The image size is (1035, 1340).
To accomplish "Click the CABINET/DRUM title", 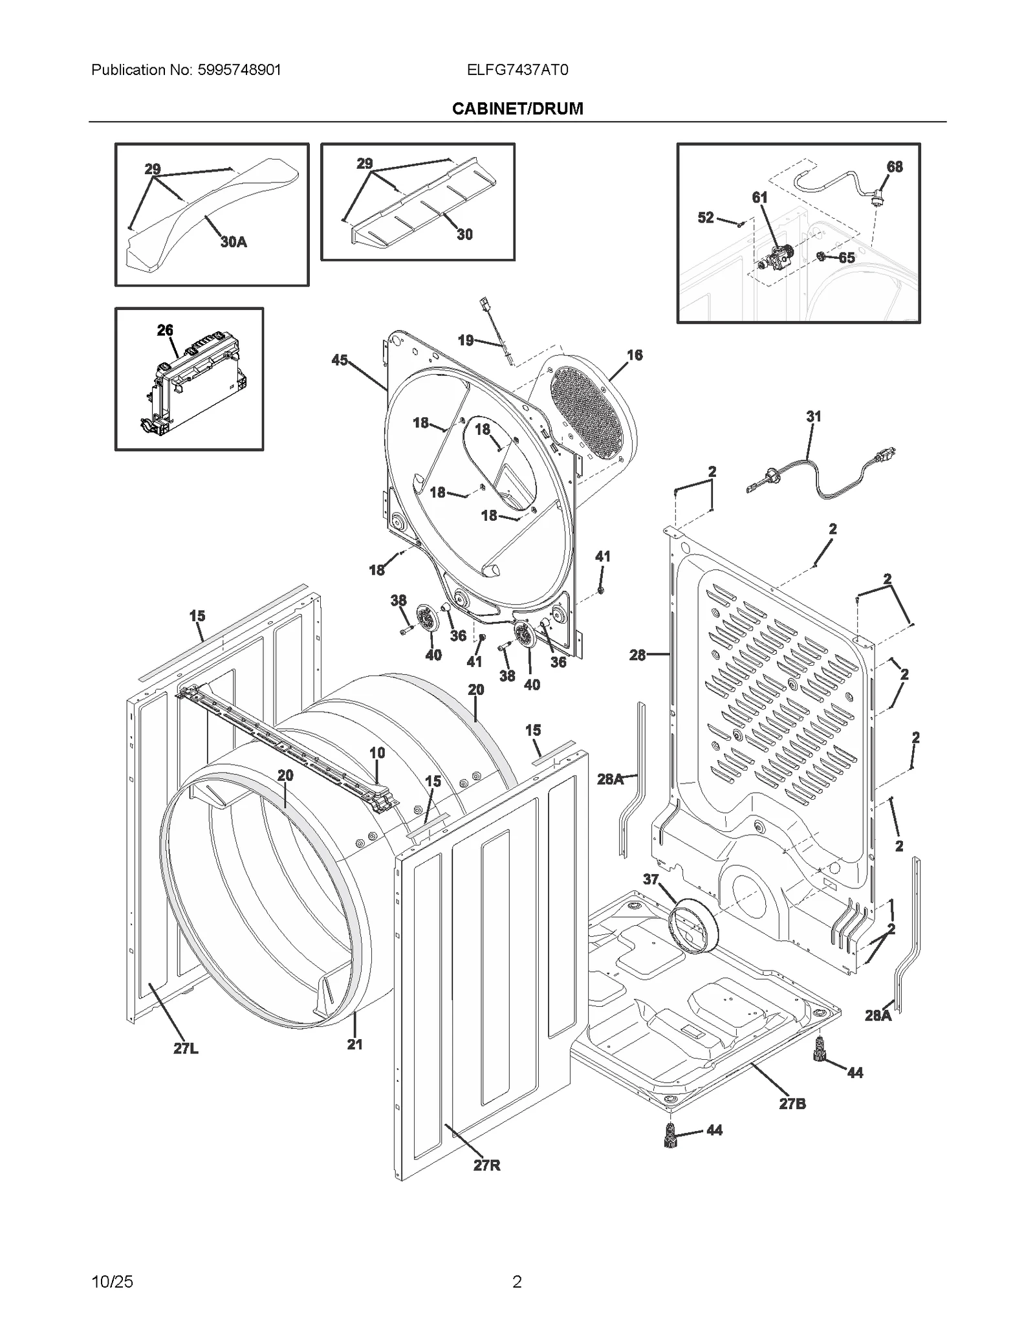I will (x=517, y=109).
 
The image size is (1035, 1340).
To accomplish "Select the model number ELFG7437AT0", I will (x=517, y=70).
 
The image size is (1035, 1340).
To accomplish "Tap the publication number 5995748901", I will (x=237, y=70).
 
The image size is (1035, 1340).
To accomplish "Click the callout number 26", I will (x=165, y=330).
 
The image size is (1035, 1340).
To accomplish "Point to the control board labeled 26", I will (x=194, y=382).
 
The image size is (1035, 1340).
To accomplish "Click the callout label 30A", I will (x=234, y=242).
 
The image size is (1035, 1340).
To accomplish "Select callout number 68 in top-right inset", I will (x=895, y=167).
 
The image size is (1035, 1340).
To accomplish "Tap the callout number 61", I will (x=759, y=197).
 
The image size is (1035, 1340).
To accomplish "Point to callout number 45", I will (x=340, y=360).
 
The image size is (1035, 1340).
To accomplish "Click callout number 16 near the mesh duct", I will (x=635, y=355).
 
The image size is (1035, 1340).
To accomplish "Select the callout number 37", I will (x=651, y=879).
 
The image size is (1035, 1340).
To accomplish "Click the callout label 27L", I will (x=186, y=1049).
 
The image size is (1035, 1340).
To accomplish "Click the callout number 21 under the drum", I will (x=354, y=1044).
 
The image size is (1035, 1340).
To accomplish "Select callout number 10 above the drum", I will (x=377, y=752).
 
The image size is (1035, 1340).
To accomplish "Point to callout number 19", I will (x=466, y=340).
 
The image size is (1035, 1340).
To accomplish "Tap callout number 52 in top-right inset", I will (x=705, y=218).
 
